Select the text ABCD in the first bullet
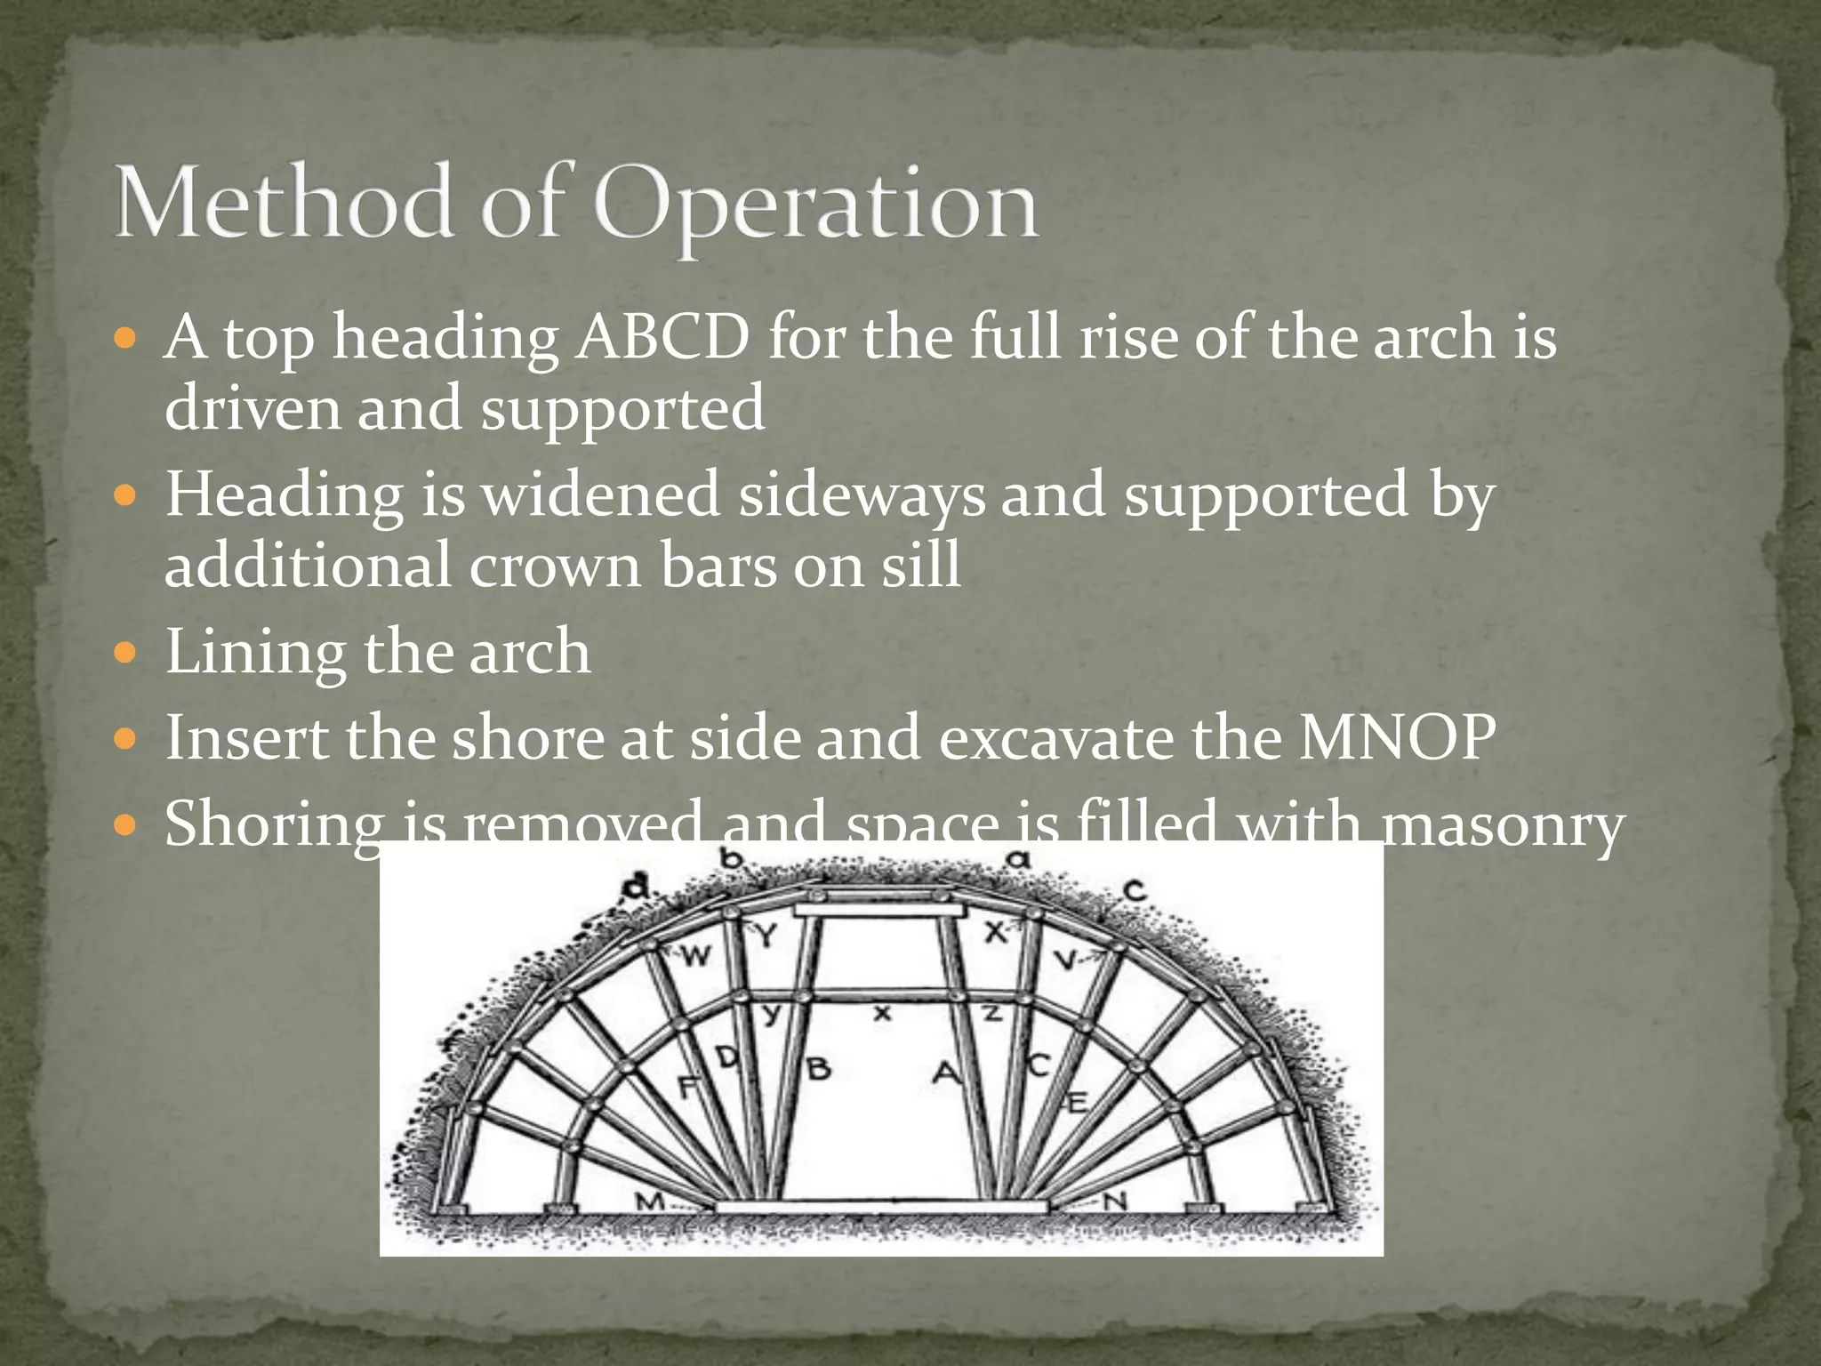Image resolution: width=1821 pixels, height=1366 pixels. (662, 338)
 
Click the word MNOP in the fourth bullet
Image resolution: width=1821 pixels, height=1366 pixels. (1397, 737)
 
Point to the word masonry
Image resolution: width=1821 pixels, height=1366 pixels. (1503, 824)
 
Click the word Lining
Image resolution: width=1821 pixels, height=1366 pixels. (254, 652)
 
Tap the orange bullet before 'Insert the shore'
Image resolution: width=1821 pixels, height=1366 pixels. (126, 738)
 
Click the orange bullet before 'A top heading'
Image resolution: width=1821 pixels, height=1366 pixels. (126, 339)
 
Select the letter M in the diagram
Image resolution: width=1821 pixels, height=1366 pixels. (650, 1201)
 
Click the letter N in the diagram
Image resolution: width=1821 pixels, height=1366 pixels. (1115, 1201)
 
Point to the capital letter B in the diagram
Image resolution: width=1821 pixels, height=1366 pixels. (819, 1068)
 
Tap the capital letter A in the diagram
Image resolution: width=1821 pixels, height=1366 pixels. (945, 1073)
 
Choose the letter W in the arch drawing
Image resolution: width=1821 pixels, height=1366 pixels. (696, 956)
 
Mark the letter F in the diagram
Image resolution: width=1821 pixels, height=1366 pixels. (687, 1086)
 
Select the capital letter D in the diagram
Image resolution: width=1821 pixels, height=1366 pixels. (727, 1057)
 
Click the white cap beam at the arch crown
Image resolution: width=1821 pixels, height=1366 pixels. (878, 910)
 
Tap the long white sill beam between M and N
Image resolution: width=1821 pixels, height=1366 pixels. (882, 1206)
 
